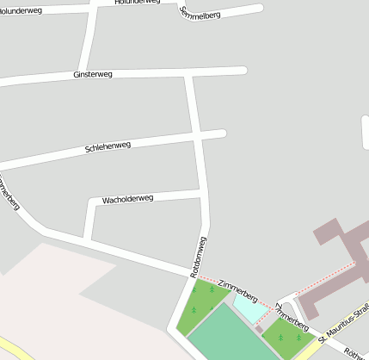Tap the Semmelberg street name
199,11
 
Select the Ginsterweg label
94,75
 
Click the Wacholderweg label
127,199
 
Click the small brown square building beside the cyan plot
259,328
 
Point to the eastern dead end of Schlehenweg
222,133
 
